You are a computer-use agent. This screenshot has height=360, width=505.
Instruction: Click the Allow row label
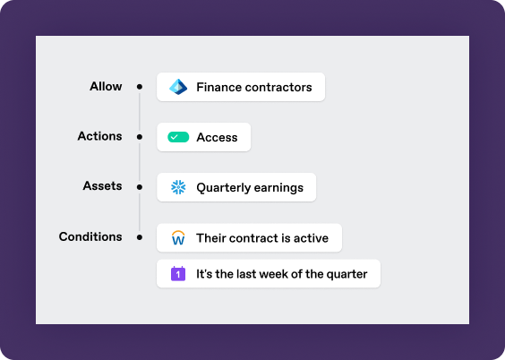pos(106,86)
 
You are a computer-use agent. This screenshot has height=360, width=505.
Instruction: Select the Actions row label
pos(100,136)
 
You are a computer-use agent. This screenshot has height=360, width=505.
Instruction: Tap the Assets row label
pos(102,185)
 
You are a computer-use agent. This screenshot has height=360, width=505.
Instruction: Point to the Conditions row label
pos(90,236)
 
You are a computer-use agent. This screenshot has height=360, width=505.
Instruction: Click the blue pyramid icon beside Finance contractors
pos(178,87)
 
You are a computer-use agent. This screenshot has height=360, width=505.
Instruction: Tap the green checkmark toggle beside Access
pos(178,137)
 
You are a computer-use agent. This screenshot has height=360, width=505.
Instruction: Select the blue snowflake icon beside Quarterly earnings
pos(178,187)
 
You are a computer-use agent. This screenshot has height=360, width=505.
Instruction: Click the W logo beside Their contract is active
pos(178,238)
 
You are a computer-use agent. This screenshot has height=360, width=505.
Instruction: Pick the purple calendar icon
pos(178,274)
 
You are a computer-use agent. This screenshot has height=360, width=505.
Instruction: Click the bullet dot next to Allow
pos(140,87)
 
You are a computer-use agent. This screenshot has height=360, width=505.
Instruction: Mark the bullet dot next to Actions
pos(140,137)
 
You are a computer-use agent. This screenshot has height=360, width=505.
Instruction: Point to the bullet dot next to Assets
pos(140,187)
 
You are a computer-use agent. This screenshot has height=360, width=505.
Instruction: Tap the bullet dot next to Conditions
pos(140,237)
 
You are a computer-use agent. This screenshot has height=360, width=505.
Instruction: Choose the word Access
pos(217,138)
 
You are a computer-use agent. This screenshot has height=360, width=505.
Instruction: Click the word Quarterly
pos(224,188)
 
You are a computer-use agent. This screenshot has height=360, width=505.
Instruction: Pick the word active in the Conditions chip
pos(311,238)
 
